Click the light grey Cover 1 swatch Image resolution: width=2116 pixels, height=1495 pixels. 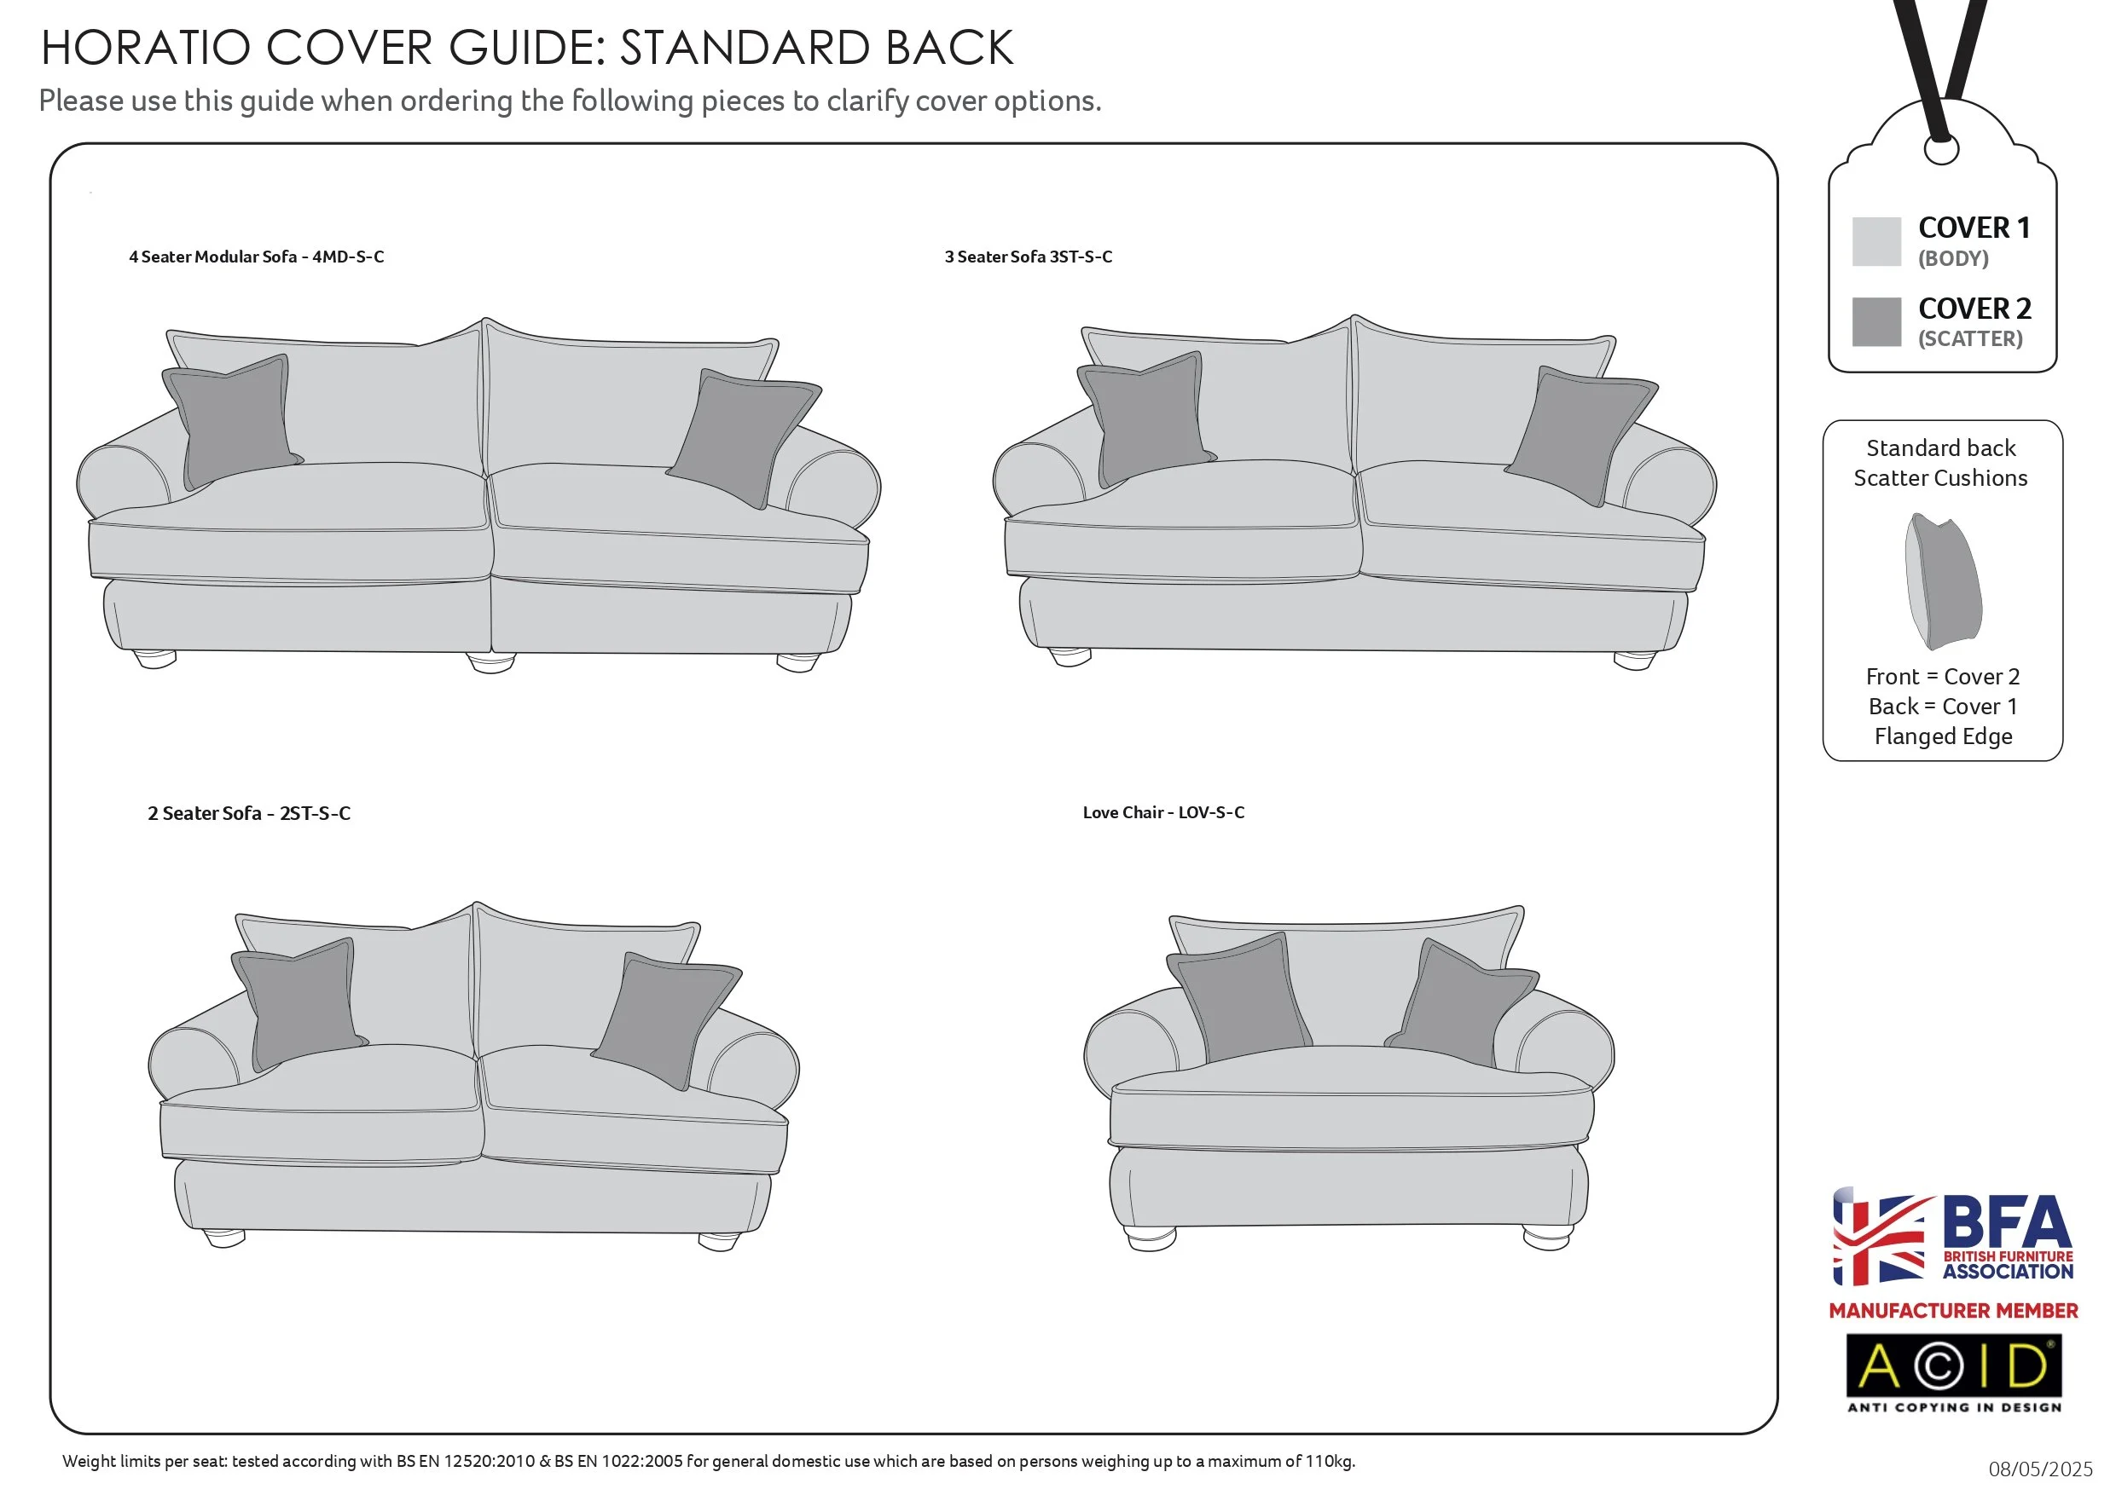tap(1875, 241)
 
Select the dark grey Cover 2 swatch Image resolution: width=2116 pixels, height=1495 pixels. tap(1875, 321)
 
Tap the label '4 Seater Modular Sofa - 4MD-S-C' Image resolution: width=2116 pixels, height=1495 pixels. tap(256, 257)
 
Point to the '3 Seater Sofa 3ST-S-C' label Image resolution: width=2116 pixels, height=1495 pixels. tap(1028, 257)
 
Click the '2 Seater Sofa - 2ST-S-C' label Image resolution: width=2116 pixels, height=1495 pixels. tap(249, 813)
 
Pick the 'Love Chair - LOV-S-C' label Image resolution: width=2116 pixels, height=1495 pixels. tap(1163, 812)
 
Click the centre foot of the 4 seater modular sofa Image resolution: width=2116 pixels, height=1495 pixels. tap(491, 663)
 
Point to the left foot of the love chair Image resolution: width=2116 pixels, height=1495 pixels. tap(1151, 1237)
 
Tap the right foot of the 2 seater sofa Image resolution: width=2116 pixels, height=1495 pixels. tap(719, 1241)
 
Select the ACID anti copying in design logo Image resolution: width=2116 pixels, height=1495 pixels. tap(1953, 1372)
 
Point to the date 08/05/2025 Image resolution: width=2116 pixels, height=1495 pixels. tap(2039, 1469)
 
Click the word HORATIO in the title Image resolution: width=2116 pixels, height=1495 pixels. tap(146, 48)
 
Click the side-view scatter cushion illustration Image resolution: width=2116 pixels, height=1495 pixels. tap(1943, 580)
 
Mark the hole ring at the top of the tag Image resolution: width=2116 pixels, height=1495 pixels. tap(1941, 149)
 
